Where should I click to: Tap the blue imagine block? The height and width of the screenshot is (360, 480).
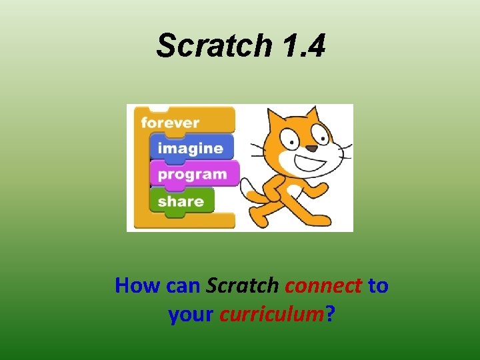coord(191,148)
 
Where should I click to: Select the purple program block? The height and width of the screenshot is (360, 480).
coord(193,174)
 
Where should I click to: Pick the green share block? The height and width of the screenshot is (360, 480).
coord(181,201)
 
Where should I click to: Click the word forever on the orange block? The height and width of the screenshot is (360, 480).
coord(171,123)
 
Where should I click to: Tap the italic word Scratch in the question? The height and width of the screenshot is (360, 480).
coord(242,286)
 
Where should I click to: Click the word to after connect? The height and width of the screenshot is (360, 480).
coord(378,286)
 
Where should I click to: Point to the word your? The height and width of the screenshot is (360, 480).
coord(191,313)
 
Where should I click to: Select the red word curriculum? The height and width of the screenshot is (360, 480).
coord(271,313)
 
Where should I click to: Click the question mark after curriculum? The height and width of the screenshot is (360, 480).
coord(329,313)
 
